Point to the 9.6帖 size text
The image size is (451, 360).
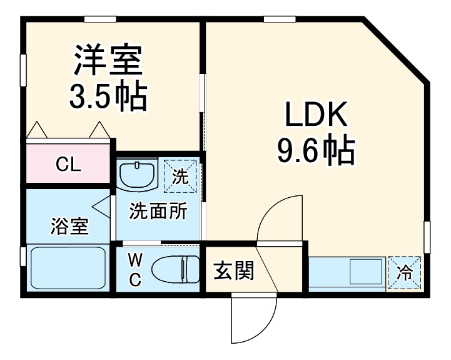[x=315, y=150]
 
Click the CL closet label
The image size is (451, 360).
[x=68, y=165]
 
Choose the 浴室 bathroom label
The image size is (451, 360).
[x=69, y=227]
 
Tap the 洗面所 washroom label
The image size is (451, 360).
[x=158, y=212]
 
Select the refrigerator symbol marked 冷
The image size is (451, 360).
[x=405, y=274]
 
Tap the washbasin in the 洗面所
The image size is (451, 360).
[x=138, y=174]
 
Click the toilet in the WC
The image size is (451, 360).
[x=175, y=270]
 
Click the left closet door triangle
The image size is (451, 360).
[x=38, y=130]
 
